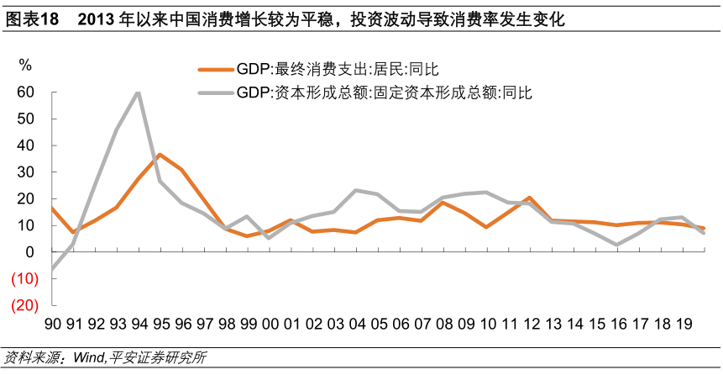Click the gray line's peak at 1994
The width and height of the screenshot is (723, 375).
point(138,92)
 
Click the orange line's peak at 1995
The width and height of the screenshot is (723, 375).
point(160,155)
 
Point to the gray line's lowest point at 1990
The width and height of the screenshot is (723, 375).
point(52,270)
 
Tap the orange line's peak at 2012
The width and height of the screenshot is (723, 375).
point(528,198)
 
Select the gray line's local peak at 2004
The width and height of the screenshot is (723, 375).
point(355,190)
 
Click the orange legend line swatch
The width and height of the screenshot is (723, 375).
point(216,71)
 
